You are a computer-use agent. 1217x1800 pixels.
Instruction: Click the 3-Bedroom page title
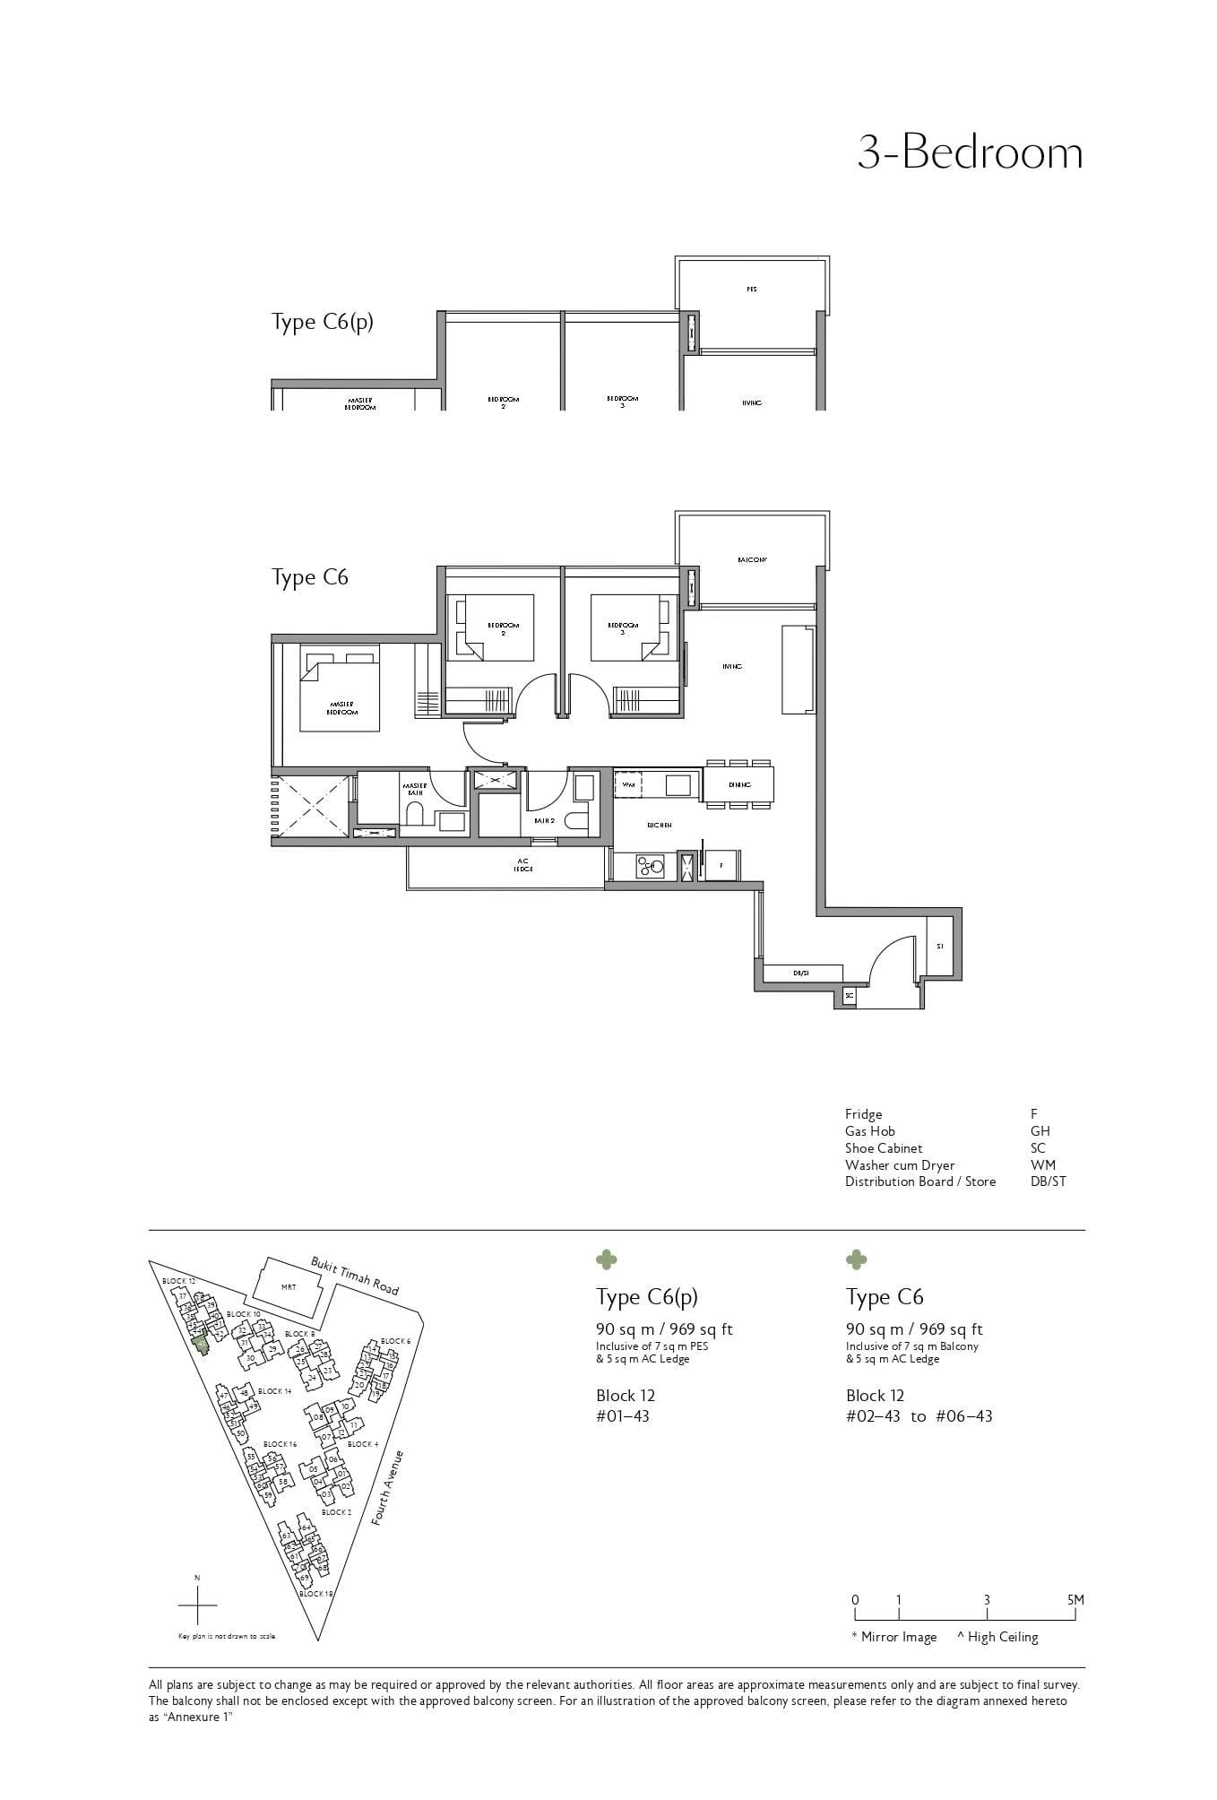pos(970,153)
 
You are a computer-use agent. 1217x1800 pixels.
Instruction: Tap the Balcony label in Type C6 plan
pos(752,560)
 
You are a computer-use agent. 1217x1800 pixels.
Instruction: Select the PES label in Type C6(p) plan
pos(751,290)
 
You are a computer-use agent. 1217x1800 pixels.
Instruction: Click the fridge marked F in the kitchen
pos(721,866)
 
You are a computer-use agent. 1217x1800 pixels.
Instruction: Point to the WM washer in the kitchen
pos(629,785)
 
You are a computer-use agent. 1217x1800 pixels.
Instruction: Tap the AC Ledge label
pos(523,865)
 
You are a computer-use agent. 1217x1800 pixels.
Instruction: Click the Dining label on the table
pos(739,785)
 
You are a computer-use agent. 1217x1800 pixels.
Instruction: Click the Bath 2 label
pos(543,820)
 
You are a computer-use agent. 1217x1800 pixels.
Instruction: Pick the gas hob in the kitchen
pos(649,866)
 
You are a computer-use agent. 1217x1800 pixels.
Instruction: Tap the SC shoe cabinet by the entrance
pos(848,995)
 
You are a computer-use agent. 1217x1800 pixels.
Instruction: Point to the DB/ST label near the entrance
pos(801,973)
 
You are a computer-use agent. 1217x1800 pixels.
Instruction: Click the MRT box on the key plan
pos(289,1287)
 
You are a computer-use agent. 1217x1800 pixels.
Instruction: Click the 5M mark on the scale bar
pos(1075,1600)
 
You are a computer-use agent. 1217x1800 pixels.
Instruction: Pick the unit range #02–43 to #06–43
pos(919,1416)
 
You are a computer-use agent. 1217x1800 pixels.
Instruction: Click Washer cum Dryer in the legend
pos(899,1165)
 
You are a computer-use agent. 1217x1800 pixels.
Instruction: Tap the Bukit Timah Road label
pos(355,1275)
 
